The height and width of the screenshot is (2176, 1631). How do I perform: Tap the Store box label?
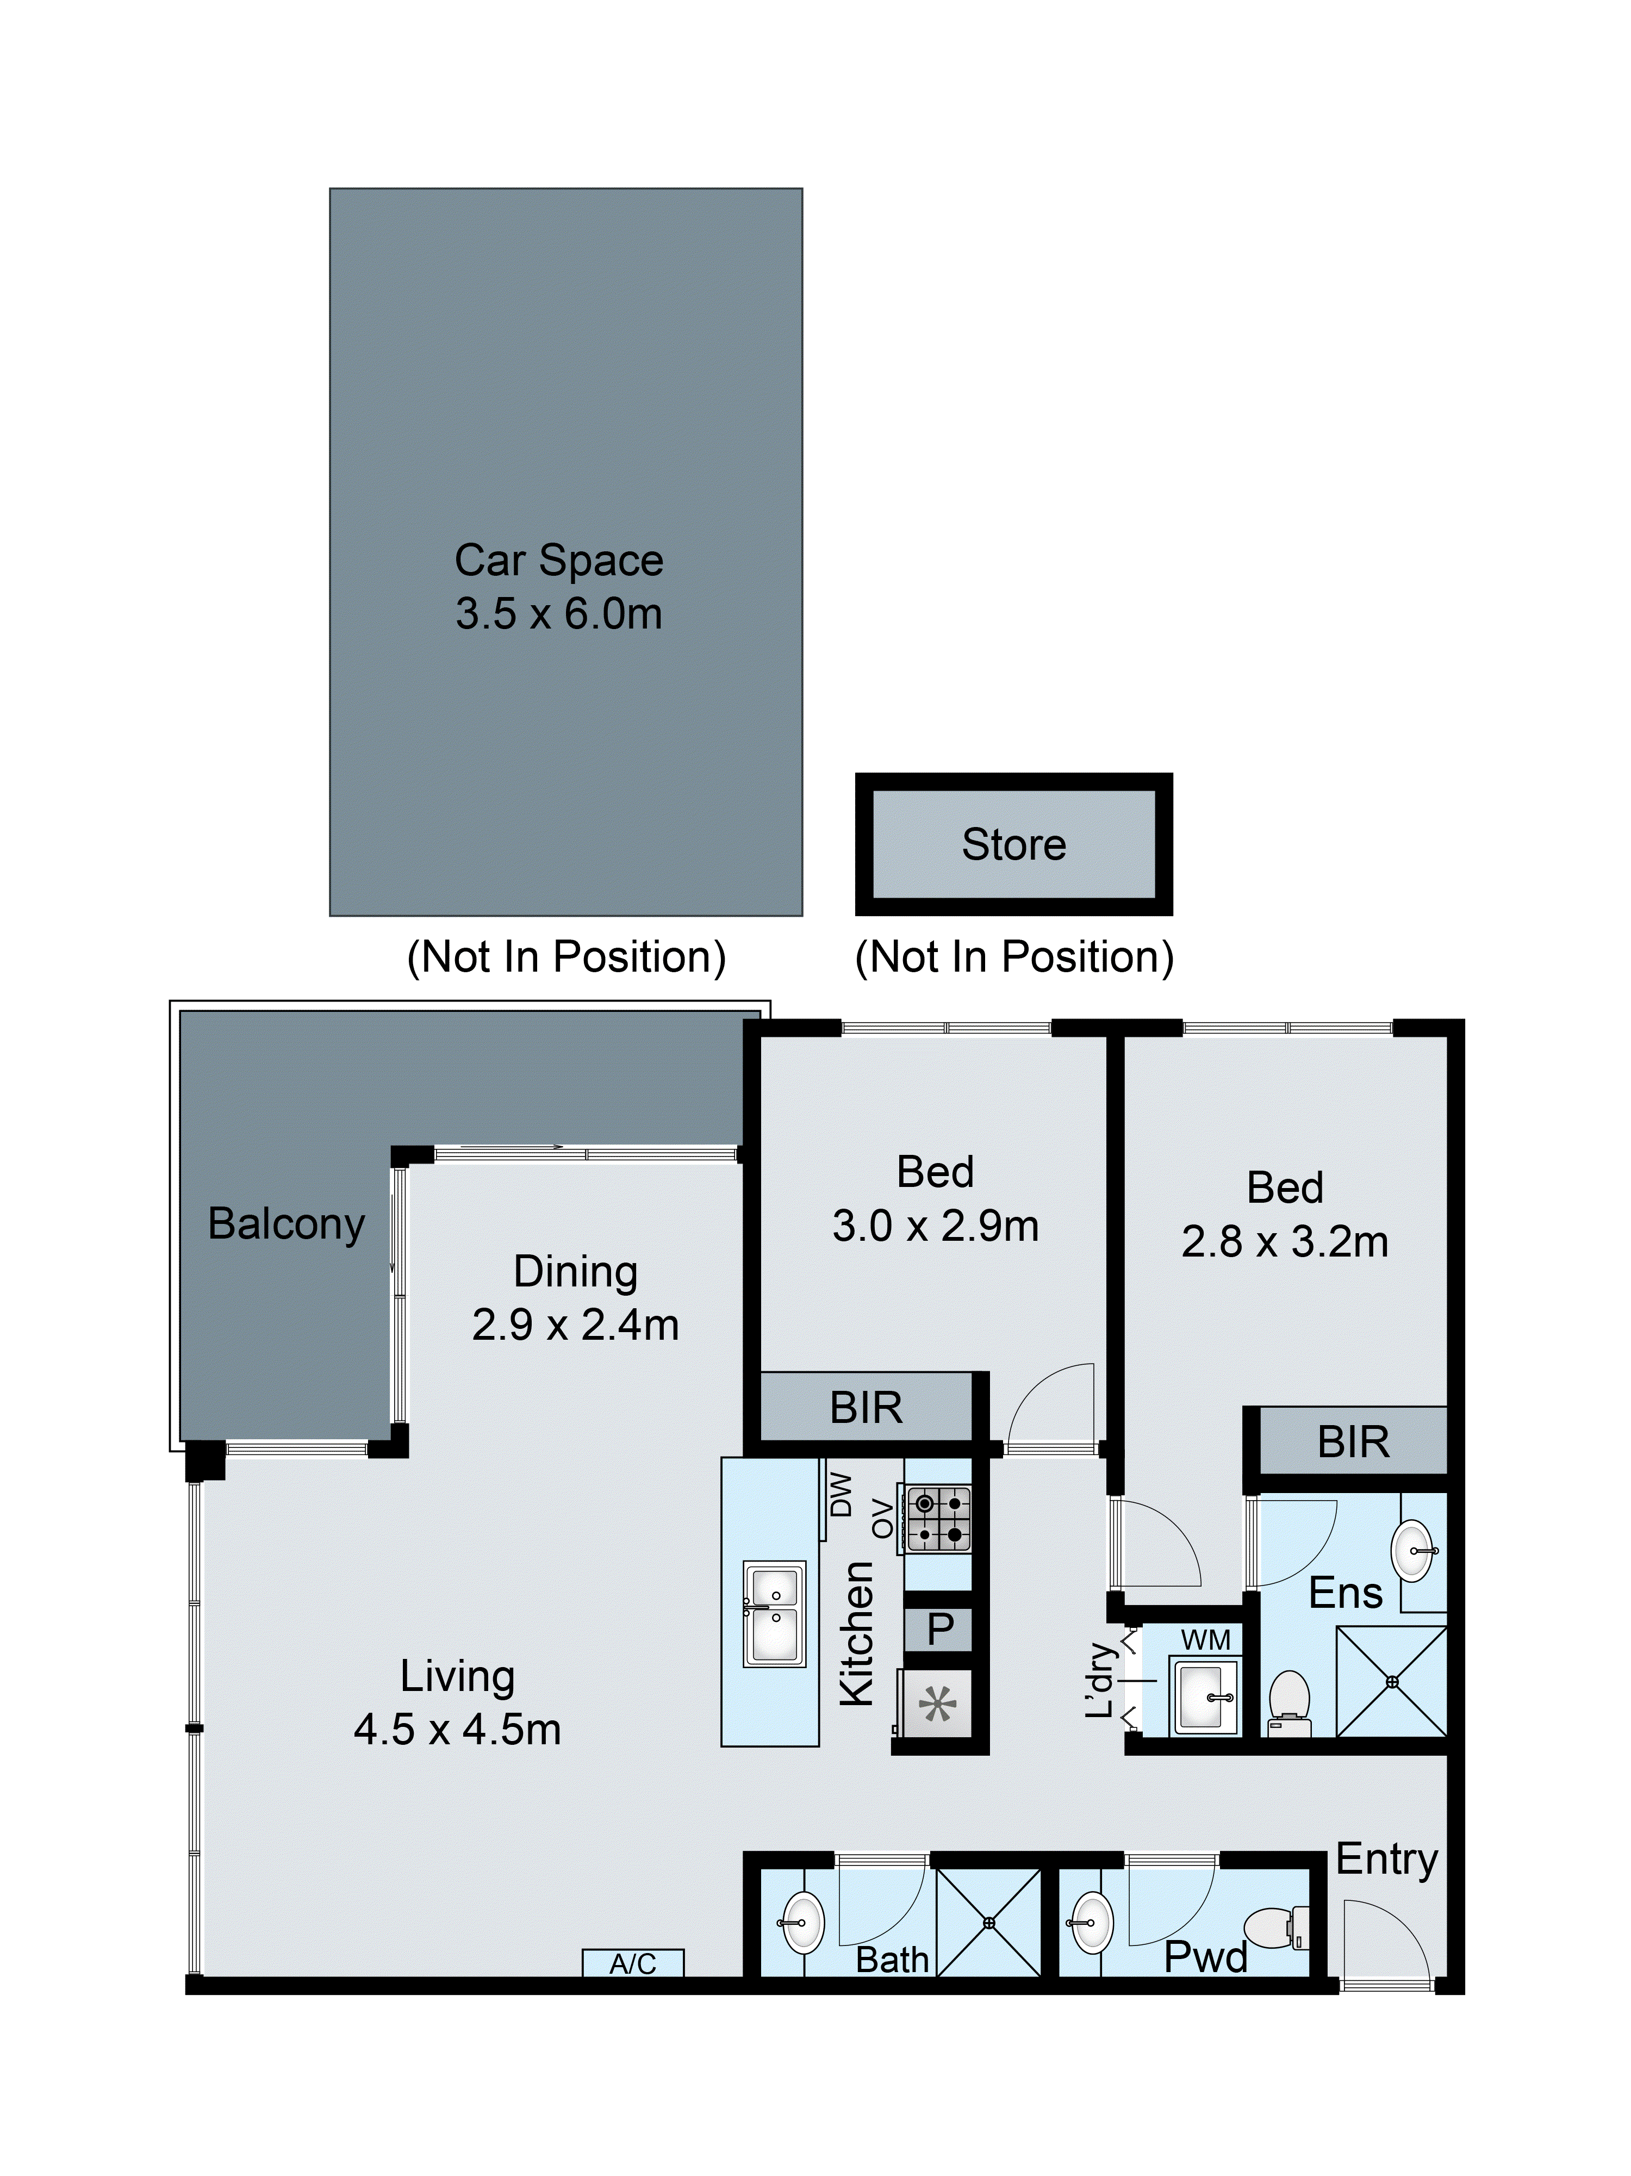(1013, 844)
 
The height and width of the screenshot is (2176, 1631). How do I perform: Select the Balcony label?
(287, 1224)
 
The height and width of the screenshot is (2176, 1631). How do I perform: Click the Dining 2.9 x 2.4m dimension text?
(576, 1324)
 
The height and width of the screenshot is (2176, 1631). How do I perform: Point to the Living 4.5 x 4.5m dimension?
(457, 1730)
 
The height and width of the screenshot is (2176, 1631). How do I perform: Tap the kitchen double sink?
(774, 1613)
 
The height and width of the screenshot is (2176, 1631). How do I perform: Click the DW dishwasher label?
(841, 1493)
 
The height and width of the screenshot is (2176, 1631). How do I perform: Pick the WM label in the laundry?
(1205, 1640)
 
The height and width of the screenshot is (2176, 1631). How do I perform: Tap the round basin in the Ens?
(1414, 1550)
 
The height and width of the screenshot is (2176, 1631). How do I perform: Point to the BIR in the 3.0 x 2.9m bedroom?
(866, 1408)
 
